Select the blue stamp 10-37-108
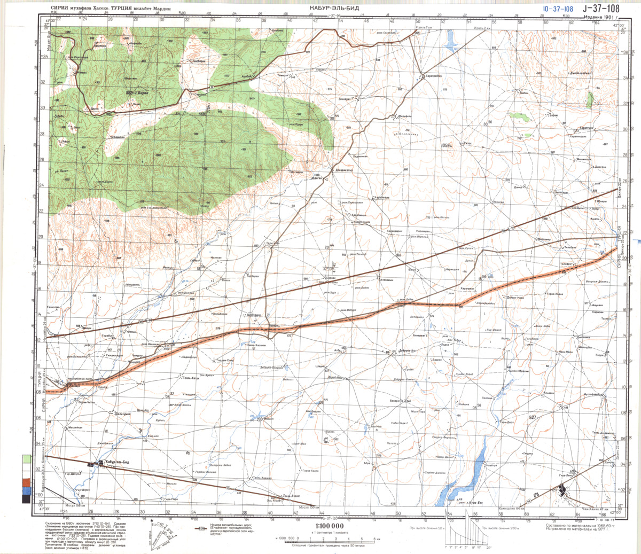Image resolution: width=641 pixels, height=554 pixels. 557,9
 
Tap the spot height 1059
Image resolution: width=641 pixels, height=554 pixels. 446,145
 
